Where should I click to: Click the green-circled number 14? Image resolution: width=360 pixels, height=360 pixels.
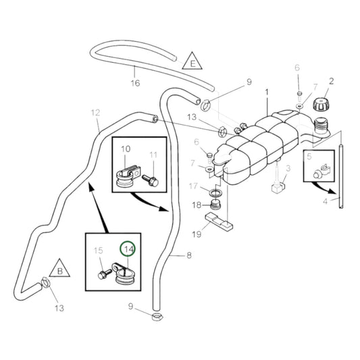[x=128, y=249]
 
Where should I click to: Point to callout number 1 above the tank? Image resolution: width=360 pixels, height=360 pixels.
[x=266, y=91]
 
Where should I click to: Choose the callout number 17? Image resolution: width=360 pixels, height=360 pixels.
[x=193, y=186]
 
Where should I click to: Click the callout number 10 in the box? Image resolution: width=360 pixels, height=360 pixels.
[x=126, y=148]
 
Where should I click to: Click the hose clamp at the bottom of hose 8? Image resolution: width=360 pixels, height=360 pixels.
[x=157, y=316]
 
